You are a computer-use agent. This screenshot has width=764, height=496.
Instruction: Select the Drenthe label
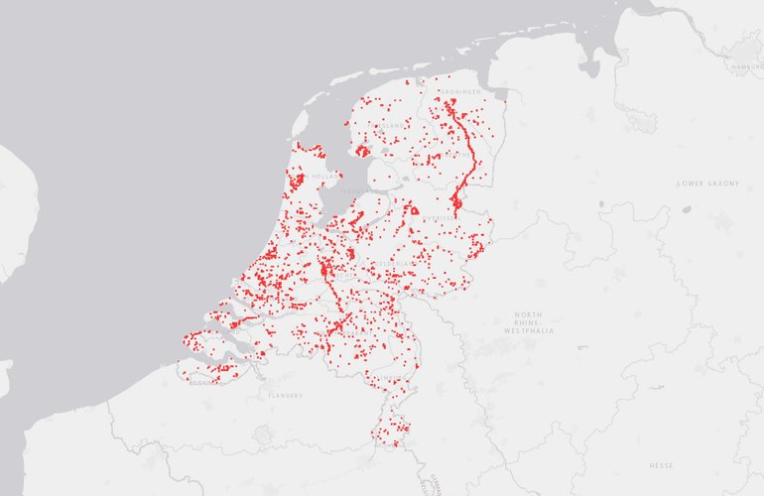pyautogui.click(x=458, y=154)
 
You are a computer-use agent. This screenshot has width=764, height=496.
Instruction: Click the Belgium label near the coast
pyautogui.click(x=203, y=381)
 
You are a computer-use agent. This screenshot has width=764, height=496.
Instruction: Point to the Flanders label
pyautogui.click(x=285, y=395)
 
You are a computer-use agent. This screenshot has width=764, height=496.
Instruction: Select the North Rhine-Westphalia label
pyautogui.click(x=529, y=322)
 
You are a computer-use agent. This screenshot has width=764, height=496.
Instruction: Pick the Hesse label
pyautogui.click(x=662, y=464)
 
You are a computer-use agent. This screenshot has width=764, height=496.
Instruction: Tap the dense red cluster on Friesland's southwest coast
pyautogui.click(x=363, y=152)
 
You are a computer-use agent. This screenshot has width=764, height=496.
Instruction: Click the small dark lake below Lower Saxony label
pyautogui.click(x=687, y=209)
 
